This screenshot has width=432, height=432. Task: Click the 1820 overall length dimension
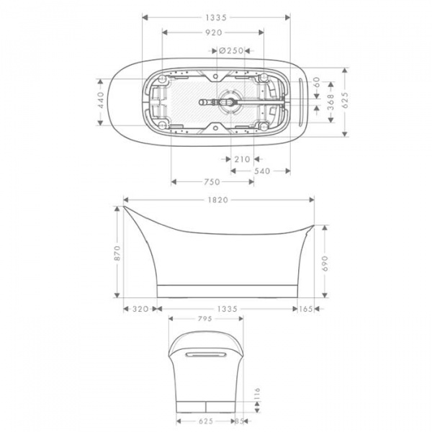(x=219, y=199)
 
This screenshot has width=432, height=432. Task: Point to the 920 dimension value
(x=213, y=32)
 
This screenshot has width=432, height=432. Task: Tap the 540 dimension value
(x=263, y=171)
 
